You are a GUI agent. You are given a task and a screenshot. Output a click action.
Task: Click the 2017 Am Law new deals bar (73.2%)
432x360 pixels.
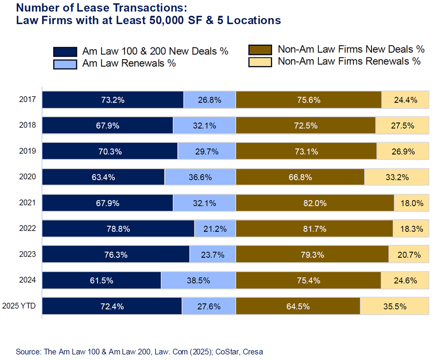point(113,100)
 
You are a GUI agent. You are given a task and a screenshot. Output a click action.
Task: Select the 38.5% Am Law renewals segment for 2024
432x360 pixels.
point(198,281)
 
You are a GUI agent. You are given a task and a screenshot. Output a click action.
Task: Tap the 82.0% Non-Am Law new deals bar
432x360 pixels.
point(315,203)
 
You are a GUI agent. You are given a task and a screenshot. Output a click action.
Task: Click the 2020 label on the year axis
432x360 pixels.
point(28,177)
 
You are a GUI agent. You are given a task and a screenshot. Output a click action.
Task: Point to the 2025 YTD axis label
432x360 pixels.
point(19,306)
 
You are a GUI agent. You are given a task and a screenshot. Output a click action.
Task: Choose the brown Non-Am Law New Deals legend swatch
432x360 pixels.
point(260,50)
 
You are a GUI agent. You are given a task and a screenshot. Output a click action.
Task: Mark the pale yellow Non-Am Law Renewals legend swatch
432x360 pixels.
point(260,61)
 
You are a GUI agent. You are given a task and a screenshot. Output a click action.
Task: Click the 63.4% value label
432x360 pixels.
point(104,177)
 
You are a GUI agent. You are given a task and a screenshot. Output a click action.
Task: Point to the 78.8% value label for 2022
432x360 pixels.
point(118,229)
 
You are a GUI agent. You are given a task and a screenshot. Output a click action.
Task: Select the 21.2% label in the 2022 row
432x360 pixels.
point(215,229)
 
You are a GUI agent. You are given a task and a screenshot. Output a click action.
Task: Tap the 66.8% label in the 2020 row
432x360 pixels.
point(300,177)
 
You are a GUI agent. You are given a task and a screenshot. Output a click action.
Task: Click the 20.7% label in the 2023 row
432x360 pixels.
point(409,255)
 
